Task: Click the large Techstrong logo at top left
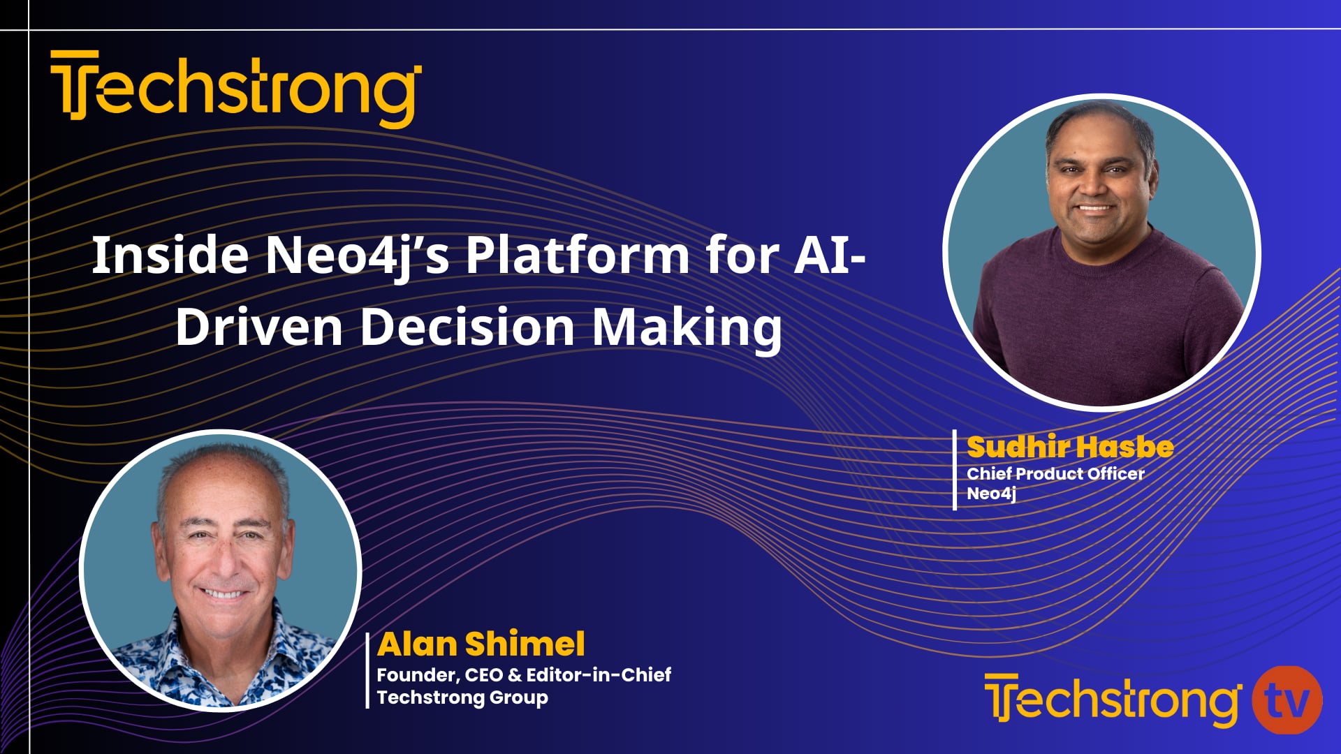click(x=236, y=88)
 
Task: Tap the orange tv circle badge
click(x=1287, y=700)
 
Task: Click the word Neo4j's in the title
click(x=357, y=256)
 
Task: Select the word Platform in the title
click(x=578, y=256)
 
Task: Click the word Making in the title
click(x=687, y=327)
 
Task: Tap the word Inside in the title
click(x=170, y=256)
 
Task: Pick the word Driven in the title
click(x=258, y=327)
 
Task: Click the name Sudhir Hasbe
click(x=1070, y=447)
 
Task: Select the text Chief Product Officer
click(x=1055, y=473)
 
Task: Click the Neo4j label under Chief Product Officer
click(x=991, y=494)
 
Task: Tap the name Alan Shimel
click(x=481, y=644)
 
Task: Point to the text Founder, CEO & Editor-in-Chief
click(x=524, y=674)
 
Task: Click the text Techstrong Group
click(x=462, y=697)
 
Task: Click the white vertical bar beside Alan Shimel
click(x=367, y=670)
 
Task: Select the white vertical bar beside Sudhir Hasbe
click(x=955, y=470)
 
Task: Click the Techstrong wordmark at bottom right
click(x=1112, y=700)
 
